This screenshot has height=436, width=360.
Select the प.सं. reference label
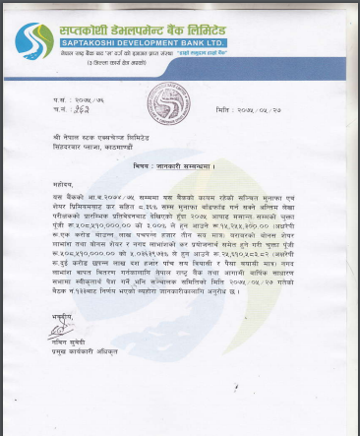[61, 100]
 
